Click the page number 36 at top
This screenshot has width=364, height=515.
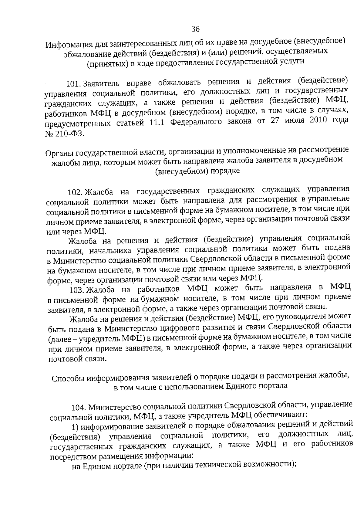pos(195,29)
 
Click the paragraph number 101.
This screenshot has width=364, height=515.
pos(74,83)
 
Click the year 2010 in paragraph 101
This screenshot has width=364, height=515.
pos(318,120)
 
